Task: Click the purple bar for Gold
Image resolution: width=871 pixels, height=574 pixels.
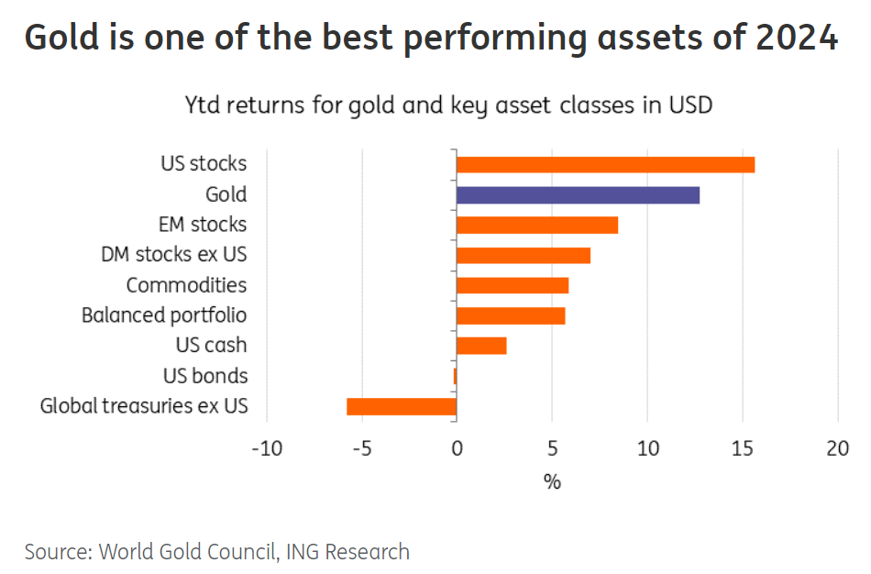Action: pyautogui.click(x=578, y=194)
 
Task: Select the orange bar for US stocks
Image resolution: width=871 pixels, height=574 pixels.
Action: pyautogui.click(x=605, y=164)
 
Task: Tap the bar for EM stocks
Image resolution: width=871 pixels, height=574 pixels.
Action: pyautogui.click(x=537, y=225)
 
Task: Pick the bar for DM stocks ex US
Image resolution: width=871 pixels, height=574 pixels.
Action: pyautogui.click(x=524, y=255)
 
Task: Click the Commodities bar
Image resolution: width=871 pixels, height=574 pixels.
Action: pyautogui.click(x=513, y=285)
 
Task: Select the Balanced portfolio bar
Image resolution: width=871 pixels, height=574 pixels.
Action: pyautogui.click(x=511, y=315)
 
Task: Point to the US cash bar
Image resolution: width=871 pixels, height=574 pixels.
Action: pyautogui.click(x=481, y=346)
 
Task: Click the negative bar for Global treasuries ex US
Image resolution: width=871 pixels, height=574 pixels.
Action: pyautogui.click(x=402, y=406)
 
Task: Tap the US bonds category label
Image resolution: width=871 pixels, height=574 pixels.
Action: pyautogui.click(x=205, y=376)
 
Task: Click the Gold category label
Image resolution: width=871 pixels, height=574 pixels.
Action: pyautogui.click(x=226, y=194)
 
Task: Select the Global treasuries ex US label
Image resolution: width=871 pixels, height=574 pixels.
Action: pyautogui.click(x=144, y=406)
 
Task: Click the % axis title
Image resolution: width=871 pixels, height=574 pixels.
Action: pyautogui.click(x=552, y=481)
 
